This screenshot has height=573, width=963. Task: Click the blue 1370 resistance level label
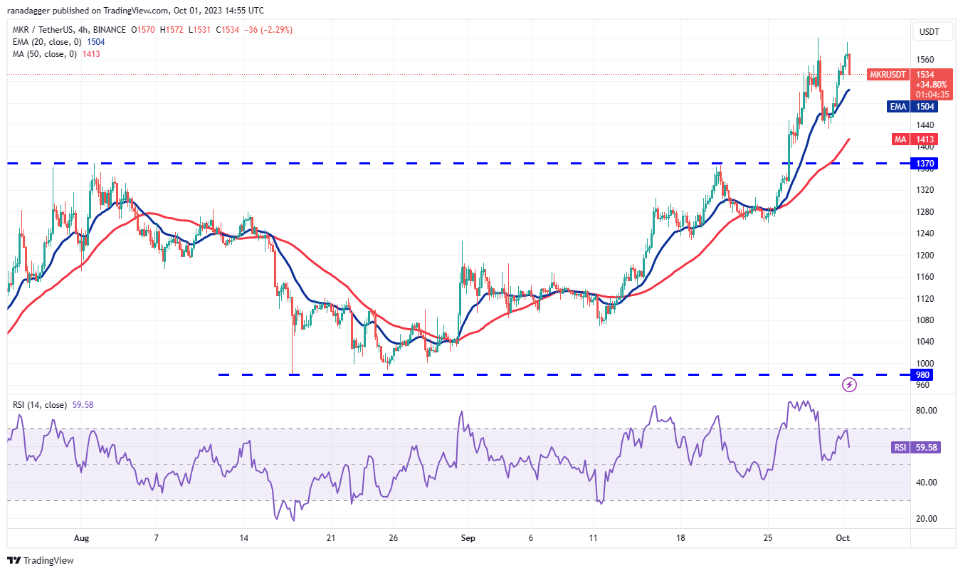pos(925,164)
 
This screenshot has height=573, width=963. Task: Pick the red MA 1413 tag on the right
pos(925,140)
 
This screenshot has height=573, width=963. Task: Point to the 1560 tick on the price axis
pos(925,60)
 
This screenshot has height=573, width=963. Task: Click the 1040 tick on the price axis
pos(925,342)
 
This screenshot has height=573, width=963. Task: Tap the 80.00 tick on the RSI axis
pos(925,411)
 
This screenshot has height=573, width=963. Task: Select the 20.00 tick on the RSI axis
pos(925,518)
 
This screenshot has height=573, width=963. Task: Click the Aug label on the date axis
pos(81,537)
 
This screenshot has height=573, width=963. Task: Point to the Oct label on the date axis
pos(843,537)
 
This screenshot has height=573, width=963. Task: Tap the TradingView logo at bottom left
pos(41,560)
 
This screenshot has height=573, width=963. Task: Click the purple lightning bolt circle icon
pos(849,385)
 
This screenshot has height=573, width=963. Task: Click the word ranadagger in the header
pos(31,11)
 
